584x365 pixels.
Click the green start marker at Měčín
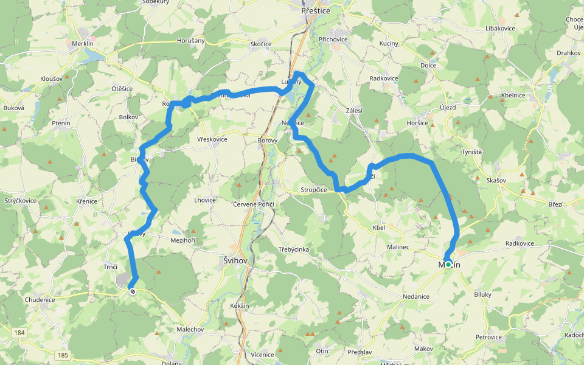448,265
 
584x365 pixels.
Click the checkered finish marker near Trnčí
132,291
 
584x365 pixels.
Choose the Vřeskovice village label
212,139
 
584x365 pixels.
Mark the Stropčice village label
313,190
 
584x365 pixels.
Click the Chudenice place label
40,299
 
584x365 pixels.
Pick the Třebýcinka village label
294,249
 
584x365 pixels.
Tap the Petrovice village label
488,337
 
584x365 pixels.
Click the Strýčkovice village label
20,200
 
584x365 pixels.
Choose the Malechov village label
190,329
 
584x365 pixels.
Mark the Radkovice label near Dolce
384,78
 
